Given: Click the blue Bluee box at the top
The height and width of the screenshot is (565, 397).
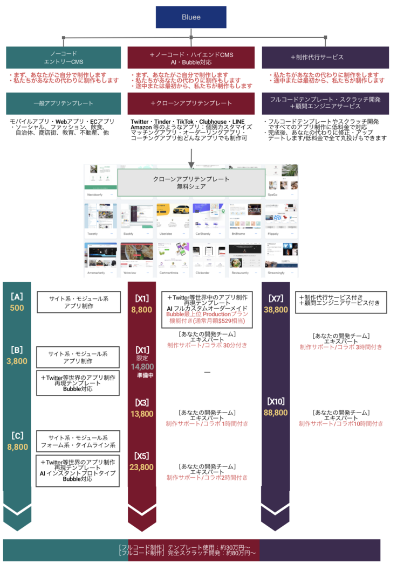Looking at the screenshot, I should [190, 17].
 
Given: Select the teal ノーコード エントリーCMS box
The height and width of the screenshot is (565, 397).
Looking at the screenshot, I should [63, 58].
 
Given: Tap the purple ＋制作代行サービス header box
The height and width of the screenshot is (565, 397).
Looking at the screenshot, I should [325, 58].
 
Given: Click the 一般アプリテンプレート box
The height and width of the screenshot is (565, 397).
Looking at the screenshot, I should [63, 103].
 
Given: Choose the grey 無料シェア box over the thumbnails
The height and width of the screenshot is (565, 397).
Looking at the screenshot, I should [191, 183].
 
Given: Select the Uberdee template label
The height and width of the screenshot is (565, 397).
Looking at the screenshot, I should [166, 234].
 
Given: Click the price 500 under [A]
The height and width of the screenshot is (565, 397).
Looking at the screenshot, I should [17, 308].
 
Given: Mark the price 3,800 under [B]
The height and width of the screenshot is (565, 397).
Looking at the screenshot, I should [17, 361].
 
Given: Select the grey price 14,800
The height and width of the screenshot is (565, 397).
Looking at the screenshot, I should [142, 367].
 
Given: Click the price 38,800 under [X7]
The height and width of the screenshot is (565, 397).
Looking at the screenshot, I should [276, 310].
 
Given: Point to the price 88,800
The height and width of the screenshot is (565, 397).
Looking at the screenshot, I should [276, 413].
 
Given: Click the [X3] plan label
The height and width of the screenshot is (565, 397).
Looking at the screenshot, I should [142, 403].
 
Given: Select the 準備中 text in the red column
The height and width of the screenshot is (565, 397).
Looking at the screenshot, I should [142, 375].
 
